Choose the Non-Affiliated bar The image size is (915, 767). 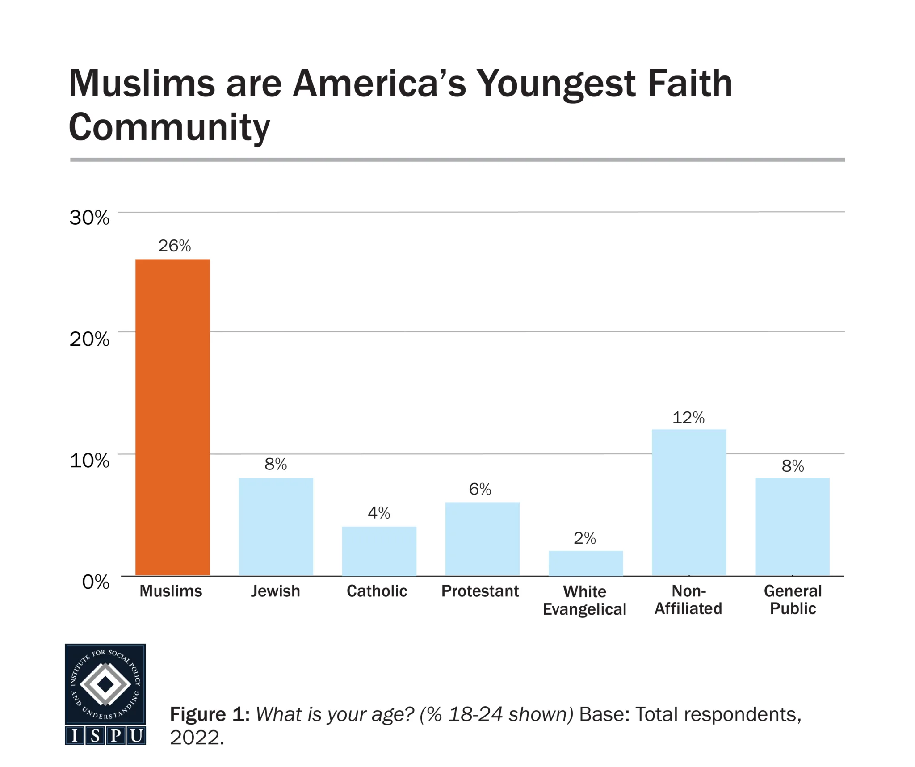click(x=688, y=502)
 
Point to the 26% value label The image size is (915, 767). click(x=174, y=246)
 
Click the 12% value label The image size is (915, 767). click(x=688, y=418)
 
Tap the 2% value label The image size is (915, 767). click(x=584, y=538)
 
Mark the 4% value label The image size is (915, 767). click(x=379, y=512)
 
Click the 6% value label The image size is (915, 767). click(x=480, y=489)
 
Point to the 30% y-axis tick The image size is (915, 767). click(x=89, y=218)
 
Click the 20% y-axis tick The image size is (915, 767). click(x=89, y=339)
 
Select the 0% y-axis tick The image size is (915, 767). click(x=96, y=582)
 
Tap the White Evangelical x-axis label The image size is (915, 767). click(x=584, y=600)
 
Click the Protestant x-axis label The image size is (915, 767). click(x=480, y=591)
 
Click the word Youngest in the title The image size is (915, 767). click(x=555, y=84)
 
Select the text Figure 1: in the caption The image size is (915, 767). click(x=209, y=714)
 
